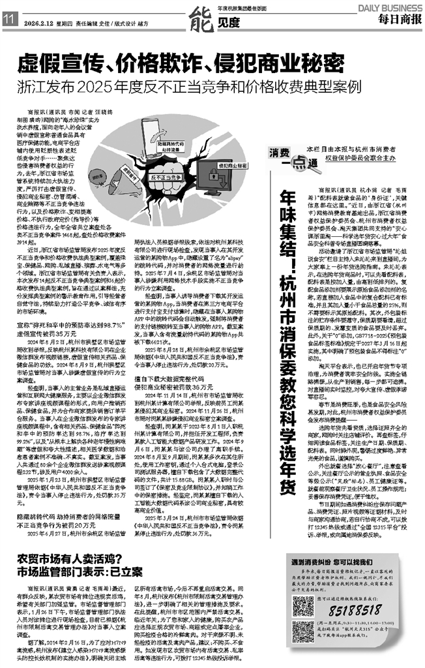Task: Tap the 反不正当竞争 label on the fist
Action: (x=166, y=177)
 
